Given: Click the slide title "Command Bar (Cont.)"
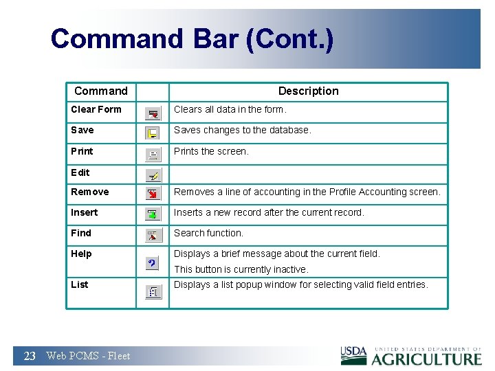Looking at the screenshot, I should click(x=192, y=39).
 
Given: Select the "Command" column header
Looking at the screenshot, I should click(x=100, y=91).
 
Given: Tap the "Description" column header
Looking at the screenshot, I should click(x=308, y=91).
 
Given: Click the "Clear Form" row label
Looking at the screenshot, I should click(x=96, y=109).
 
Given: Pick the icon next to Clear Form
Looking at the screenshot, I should click(x=153, y=113).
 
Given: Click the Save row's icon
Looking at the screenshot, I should click(x=153, y=133).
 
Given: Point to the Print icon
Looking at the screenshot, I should click(x=153, y=155).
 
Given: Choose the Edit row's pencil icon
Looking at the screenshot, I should click(x=153, y=175).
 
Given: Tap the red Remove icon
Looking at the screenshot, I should click(x=153, y=195).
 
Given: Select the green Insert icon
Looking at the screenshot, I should click(x=153, y=215).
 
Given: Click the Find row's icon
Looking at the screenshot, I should click(x=153, y=236).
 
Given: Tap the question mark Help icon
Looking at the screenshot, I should click(x=153, y=264).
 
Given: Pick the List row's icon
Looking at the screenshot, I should click(x=153, y=292).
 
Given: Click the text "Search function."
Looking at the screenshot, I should click(x=208, y=233).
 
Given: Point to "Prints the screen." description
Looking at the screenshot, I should click(x=211, y=151).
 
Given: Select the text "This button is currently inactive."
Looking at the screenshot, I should click(x=241, y=269).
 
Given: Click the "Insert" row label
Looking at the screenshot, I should click(x=84, y=212).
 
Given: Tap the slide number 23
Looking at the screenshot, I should click(x=30, y=356).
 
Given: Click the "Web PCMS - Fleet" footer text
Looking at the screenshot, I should click(x=88, y=356).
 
